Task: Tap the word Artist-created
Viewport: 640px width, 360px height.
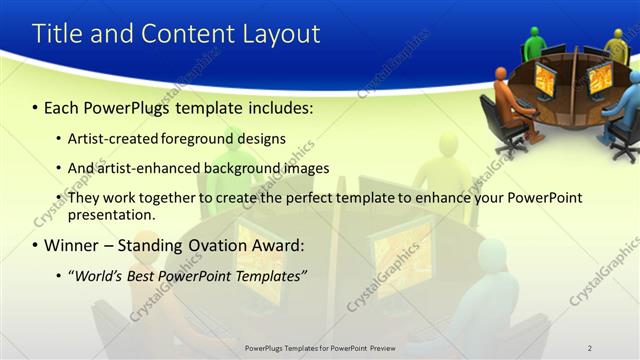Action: point(112,138)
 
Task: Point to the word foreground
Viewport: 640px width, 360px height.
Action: point(199,138)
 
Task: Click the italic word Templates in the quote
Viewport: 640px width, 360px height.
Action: point(267,275)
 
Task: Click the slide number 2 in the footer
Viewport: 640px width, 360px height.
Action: point(590,347)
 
